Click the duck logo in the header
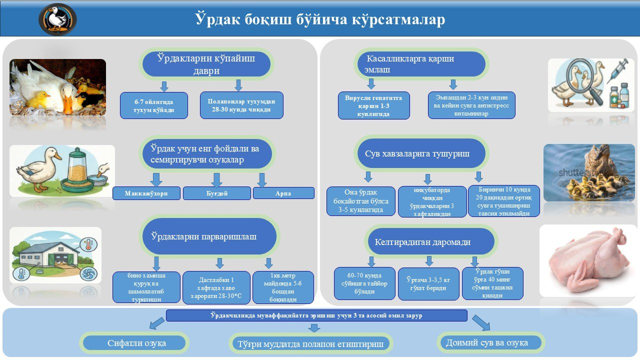pyautogui.click(x=57, y=19)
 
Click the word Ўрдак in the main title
pyautogui.click(x=217, y=19)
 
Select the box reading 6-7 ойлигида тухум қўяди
pyautogui.click(x=153, y=105)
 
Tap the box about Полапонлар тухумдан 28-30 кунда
pyautogui.click(x=241, y=105)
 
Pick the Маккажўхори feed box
pyautogui.click(x=146, y=193)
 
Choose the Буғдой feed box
pyautogui.click(x=217, y=193)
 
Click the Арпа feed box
pyautogui.click(x=283, y=193)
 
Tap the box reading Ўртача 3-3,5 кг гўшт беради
pyautogui.click(x=428, y=283)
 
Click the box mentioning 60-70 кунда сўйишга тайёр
pyautogui.click(x=364, y=283)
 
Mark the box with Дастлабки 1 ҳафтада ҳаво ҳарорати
pyautogui.click(x=216, y=287)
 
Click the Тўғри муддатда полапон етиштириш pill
pyautogui.click(x=311, y=343)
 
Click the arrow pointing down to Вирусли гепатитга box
pyautogui.click(x=371, y=84)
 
